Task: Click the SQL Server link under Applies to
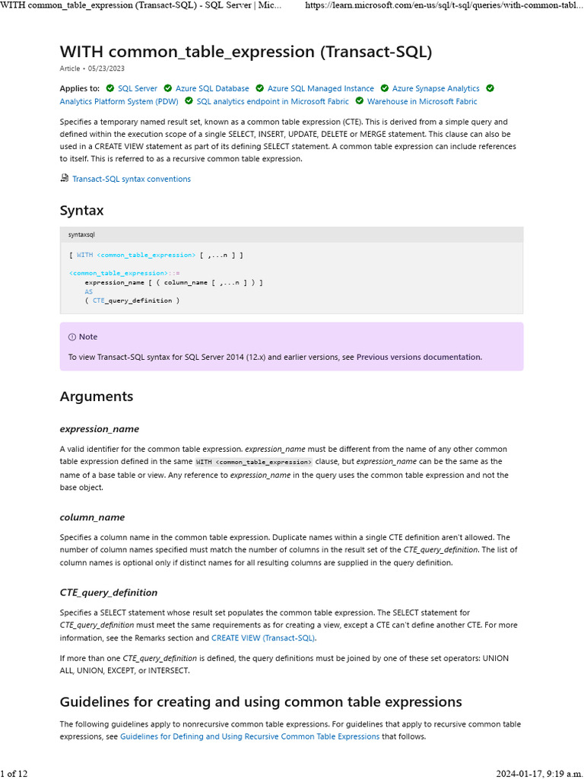pos(138,88)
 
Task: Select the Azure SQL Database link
pos(212,88)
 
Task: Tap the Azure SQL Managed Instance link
pos(320,88)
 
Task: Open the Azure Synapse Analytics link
pos(436,88)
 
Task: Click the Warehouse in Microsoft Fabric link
pos(422,101)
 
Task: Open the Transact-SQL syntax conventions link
pos(131,179)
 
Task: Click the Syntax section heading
pos(81,210)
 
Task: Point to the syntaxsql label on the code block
pos(81,234)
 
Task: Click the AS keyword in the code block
pos(89,291)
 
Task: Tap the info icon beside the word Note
pos(72,337)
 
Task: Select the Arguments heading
pos(96,396)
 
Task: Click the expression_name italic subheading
pos(99,429)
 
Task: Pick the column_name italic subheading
pos(92,517)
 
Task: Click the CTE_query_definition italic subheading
pos(109,592)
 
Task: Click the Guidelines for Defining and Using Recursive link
pos(249,736)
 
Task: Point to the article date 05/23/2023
pos(106,68)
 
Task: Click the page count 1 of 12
pos(14,773)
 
